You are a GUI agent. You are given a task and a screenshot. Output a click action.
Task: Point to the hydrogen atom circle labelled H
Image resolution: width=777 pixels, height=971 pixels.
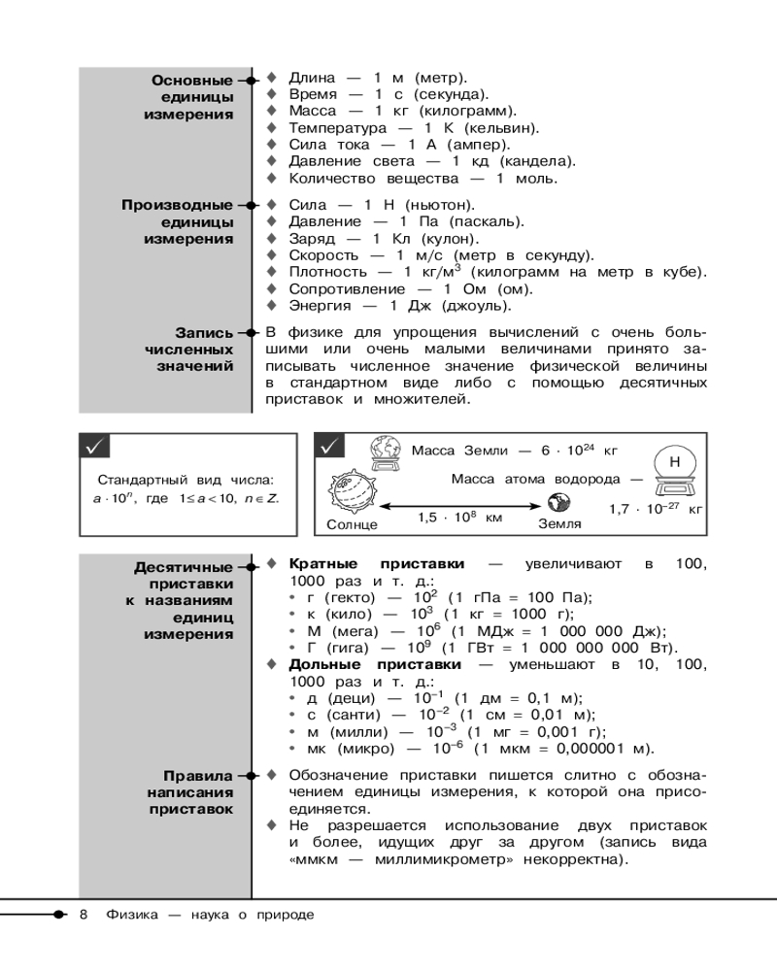tap(673, 461)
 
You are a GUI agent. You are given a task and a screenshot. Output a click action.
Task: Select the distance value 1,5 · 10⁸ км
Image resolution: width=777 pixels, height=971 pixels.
tap(460, 519)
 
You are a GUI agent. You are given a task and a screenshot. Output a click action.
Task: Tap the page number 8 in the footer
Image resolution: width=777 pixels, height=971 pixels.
tap(84, 915)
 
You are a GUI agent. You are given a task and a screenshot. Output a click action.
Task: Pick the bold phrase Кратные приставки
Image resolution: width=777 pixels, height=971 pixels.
tap(376, 564)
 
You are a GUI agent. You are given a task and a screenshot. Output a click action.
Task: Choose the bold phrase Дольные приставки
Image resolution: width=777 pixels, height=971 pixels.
tap(376, 665)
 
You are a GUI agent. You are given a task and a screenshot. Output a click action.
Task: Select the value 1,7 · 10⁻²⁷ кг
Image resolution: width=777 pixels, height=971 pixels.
tap(656, 508)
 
